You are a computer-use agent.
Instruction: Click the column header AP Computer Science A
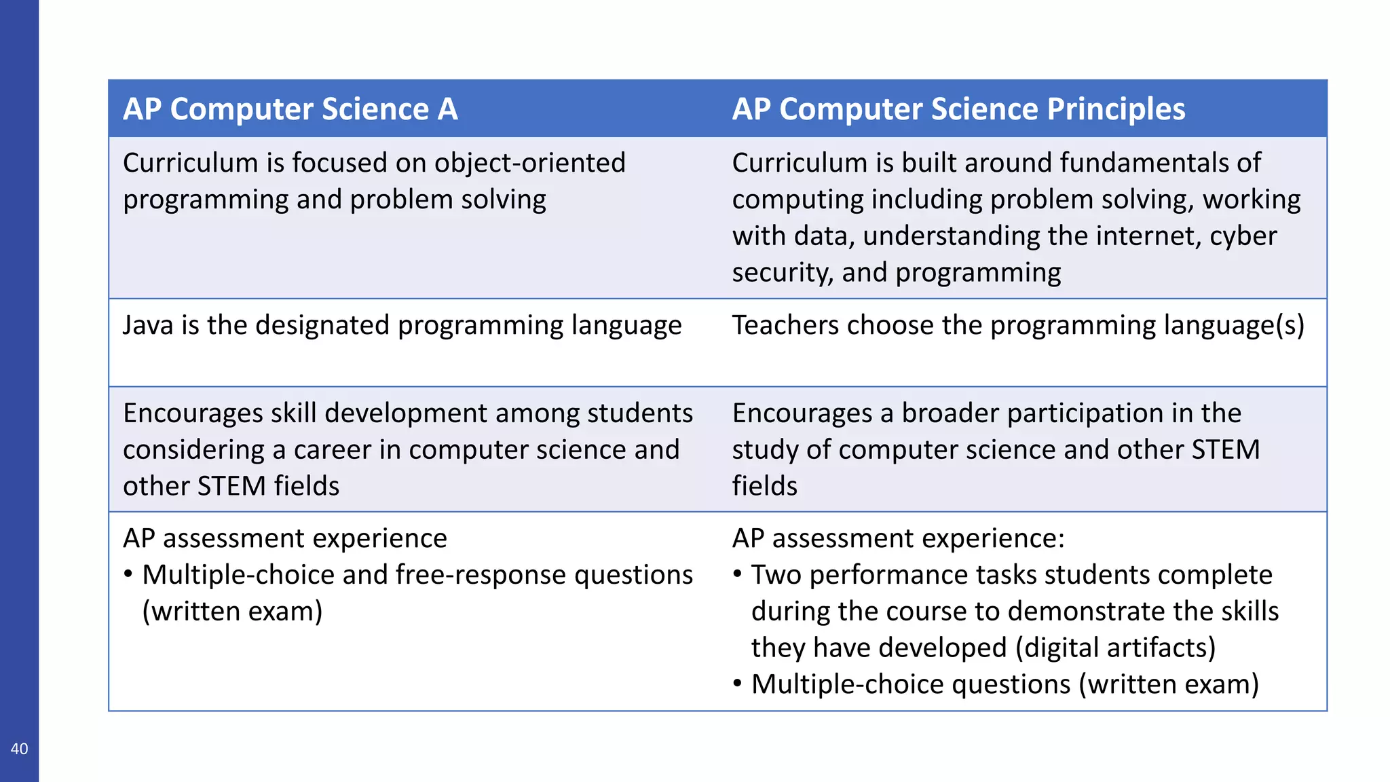click(290, 109)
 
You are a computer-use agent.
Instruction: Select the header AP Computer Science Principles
click(958, 109)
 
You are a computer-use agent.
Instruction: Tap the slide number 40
click(19, 749)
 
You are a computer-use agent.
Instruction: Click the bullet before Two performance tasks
click(738, 575)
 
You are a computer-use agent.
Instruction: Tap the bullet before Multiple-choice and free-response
click(128, 575)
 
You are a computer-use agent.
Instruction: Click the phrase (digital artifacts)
click(1115, 648)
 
